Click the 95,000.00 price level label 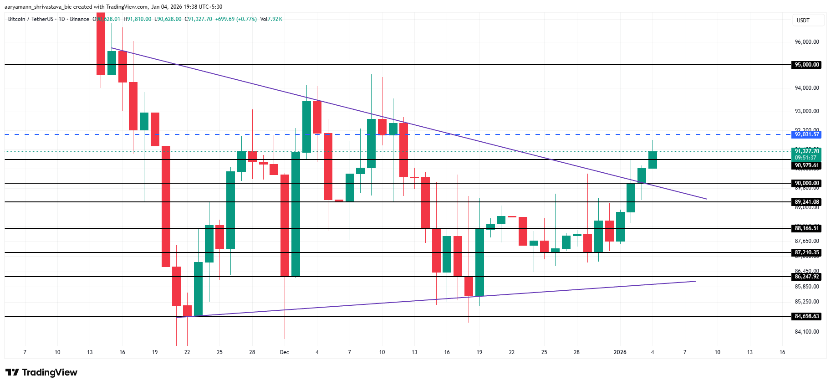click(807, 65)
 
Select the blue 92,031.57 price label click(807, 134)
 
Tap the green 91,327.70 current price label click(807, 151)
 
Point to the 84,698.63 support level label click(807, 316)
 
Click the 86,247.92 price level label click(807, 277)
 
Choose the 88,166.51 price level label click(807, 228)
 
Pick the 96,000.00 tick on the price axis click(807, 42)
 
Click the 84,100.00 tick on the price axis click(807, 332)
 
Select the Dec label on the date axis click(285, 352)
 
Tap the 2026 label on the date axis click(620, 352)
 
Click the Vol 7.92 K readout click(271, 19)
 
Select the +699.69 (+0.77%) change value click(236, 19)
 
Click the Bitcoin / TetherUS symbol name click(31, 19)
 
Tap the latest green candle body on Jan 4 click(653, 160)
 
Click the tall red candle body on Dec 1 click(285, 225)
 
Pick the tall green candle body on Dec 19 click(479, 262)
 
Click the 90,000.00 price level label click(807, 183)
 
